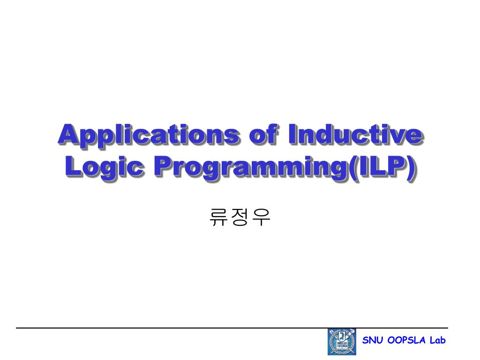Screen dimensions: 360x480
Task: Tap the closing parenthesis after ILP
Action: (411, 167)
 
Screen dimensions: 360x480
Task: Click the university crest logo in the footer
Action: (342, 342)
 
